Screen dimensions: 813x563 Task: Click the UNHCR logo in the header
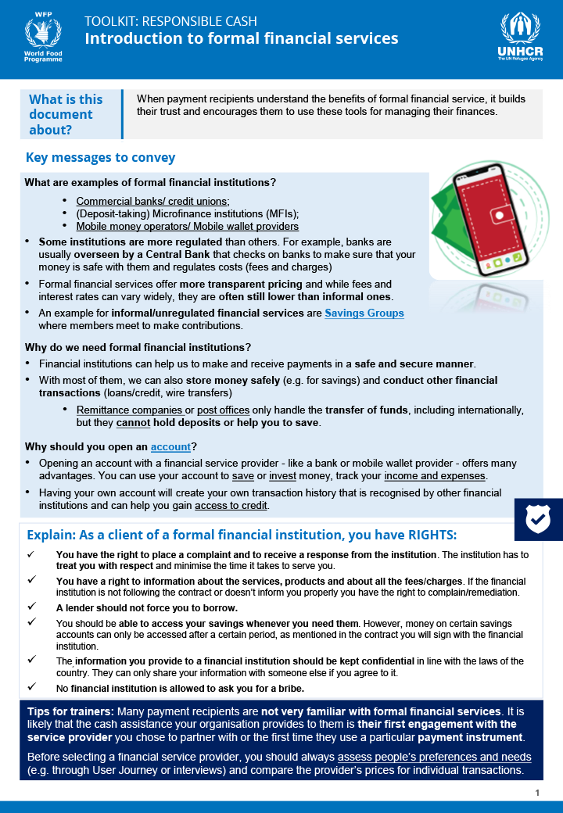pos(520,38)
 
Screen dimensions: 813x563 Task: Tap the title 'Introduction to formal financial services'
pos(241,38)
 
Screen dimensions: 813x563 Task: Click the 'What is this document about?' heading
pos(66,114)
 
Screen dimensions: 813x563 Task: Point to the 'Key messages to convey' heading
pos(100,158)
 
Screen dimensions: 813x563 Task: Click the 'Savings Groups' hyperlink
pos(364,313)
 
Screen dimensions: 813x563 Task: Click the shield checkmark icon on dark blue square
pos(538,517)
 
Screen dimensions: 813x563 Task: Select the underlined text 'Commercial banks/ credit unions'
pos(152,201)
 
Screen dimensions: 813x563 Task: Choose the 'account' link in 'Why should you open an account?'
pos(170,446)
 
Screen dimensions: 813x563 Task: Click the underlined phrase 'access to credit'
pos(231,505)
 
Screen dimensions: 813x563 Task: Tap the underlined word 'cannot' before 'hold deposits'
pos(133,422)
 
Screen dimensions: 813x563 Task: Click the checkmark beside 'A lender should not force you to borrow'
pos(31,606)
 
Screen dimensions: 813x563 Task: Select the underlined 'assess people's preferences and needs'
pos(434,757)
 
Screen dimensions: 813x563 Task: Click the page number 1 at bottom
pos(537,793)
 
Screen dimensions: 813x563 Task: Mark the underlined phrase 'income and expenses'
pos(442,475)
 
